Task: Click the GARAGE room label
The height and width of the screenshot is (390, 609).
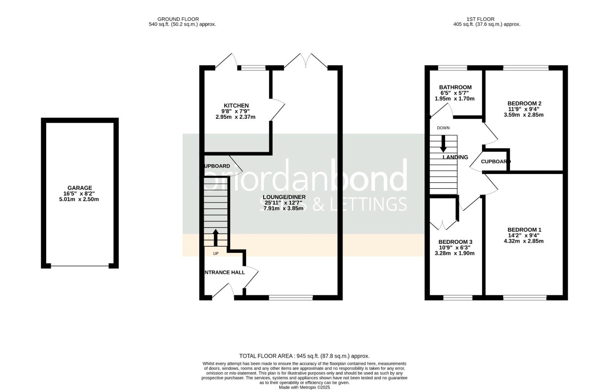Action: click(x=80, y=188)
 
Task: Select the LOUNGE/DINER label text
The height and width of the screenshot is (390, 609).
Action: click(x=284, y=197)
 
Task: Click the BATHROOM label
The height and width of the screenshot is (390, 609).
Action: click(x=455, y=87)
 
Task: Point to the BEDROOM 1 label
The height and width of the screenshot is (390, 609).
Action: click(x=524, y=230)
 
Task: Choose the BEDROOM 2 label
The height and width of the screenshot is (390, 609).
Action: click(x=524, y=104)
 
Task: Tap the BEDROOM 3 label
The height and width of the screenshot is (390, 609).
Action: click(x=455, y=242)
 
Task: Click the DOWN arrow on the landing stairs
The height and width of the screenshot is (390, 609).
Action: click(x=443, y=143)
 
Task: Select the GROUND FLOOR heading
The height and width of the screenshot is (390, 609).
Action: click(x=178, y=19)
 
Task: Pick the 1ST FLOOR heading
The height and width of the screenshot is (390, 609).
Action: click(x=480, y=19)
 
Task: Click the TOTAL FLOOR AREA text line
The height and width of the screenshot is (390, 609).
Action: click(x=304, y=356)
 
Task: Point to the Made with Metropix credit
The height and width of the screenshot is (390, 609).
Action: click(x=304, y=387)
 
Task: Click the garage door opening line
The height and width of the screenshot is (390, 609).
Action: click(x=80, y=266)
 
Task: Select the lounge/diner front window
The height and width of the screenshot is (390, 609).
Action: click(x=291, y=298)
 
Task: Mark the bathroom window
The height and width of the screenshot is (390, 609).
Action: click(x=452, y=68)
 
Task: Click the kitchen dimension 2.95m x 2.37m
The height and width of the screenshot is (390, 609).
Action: click(x=235, y=117)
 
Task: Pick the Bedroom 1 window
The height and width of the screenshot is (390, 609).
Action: click(x=525, y=298)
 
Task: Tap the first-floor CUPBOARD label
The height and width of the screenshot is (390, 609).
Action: click(x=495, y=162)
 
